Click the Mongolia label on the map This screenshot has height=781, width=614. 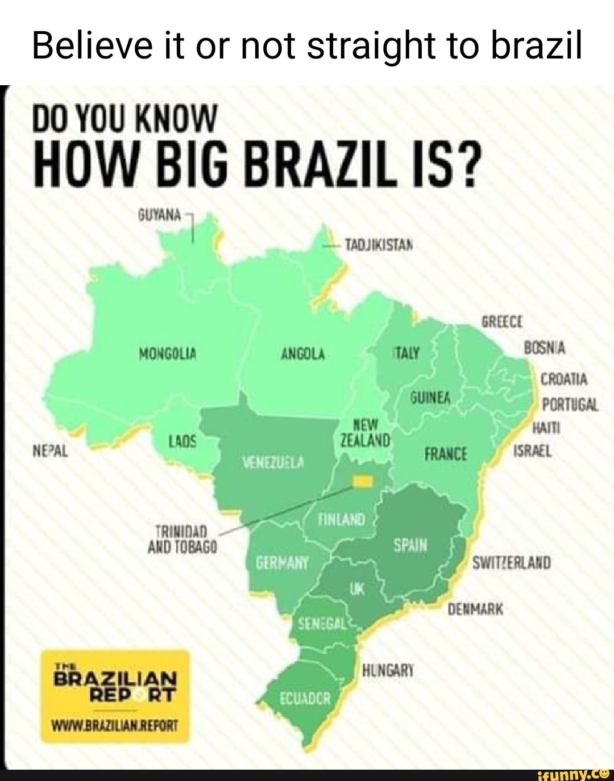point(168,354)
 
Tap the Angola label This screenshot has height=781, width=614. point(303,354)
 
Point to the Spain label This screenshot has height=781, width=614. point(410,545)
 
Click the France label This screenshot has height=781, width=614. point(446,454)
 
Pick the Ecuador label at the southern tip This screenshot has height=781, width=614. point(305,698)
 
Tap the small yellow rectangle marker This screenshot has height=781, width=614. point(363,482)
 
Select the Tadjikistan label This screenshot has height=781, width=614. point(379,245)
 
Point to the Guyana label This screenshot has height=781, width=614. point(159,215)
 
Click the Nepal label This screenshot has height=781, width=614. point(51,452)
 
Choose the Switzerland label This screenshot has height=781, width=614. point(512,563)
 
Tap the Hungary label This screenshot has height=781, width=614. point(388,670)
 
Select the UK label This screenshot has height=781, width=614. point(356,589)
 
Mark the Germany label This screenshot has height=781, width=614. point(283,563)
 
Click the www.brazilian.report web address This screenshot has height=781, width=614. point(115,725)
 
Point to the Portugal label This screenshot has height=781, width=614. point(570,404)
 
